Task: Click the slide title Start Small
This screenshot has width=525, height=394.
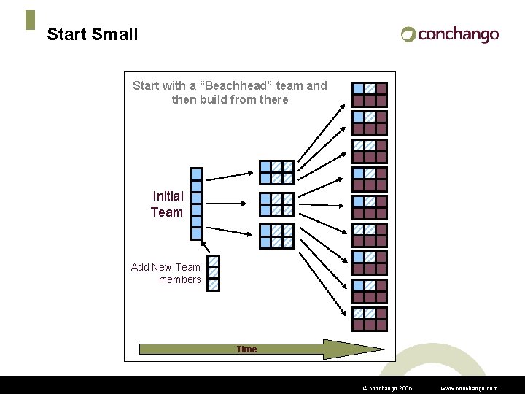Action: (x=92, y=34)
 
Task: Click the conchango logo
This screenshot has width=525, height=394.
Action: (x=449, y=34)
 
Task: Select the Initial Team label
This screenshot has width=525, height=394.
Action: (x=167, y=204)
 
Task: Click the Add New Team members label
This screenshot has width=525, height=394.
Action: (x=166, y=273)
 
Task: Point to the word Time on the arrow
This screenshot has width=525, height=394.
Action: (x=246, y=349)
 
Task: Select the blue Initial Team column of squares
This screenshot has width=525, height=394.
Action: (x=196, y=204)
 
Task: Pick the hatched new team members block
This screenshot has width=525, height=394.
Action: (x=213, y=273)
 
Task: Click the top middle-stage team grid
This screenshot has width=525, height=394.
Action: (x=277, y=172)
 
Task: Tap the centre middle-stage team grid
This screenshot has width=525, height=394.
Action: (x=277, y=204)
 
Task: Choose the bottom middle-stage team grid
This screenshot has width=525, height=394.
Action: (x=277, y=236)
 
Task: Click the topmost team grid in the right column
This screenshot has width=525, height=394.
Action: (x=370, y=94)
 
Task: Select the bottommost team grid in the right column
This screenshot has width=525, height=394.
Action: (x=370, y=319)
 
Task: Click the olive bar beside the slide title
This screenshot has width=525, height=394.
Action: (x=30, y=20)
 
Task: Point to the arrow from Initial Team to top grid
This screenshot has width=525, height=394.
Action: (x=229, y=176)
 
